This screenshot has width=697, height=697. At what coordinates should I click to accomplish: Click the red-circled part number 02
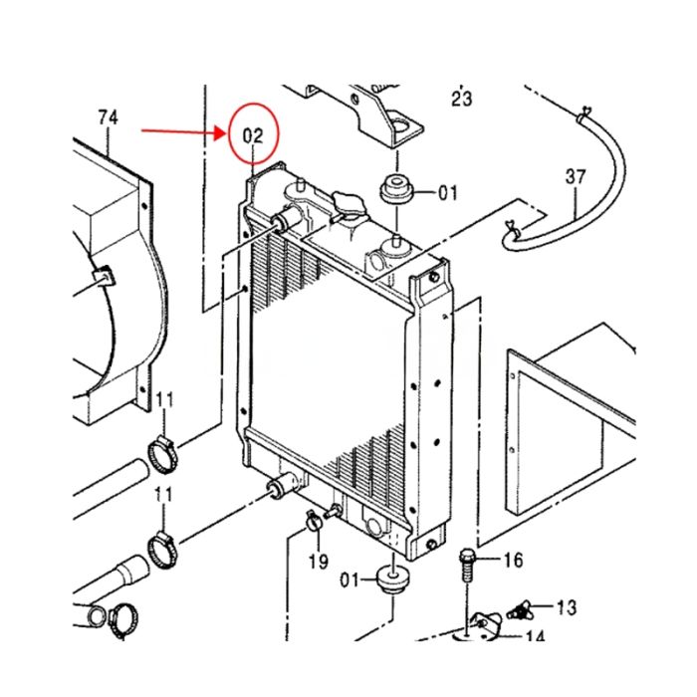tap(255, 133)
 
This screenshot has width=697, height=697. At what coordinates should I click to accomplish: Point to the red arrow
tap(185, 130)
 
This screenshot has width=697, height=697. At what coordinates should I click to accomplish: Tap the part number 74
tap(108, 117)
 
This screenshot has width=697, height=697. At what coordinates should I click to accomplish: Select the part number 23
tap(461, 99)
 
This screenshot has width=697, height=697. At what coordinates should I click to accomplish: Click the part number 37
tap(576, 177)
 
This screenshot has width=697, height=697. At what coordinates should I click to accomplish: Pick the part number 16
tap(512, 562)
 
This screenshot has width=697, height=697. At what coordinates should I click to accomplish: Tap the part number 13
tap(566, 606)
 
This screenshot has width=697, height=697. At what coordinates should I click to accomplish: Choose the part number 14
tap(535, 637)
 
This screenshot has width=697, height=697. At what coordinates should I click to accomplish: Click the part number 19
tap(318, 562)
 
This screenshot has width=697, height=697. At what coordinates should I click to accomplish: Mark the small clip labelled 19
tap(313, 517)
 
